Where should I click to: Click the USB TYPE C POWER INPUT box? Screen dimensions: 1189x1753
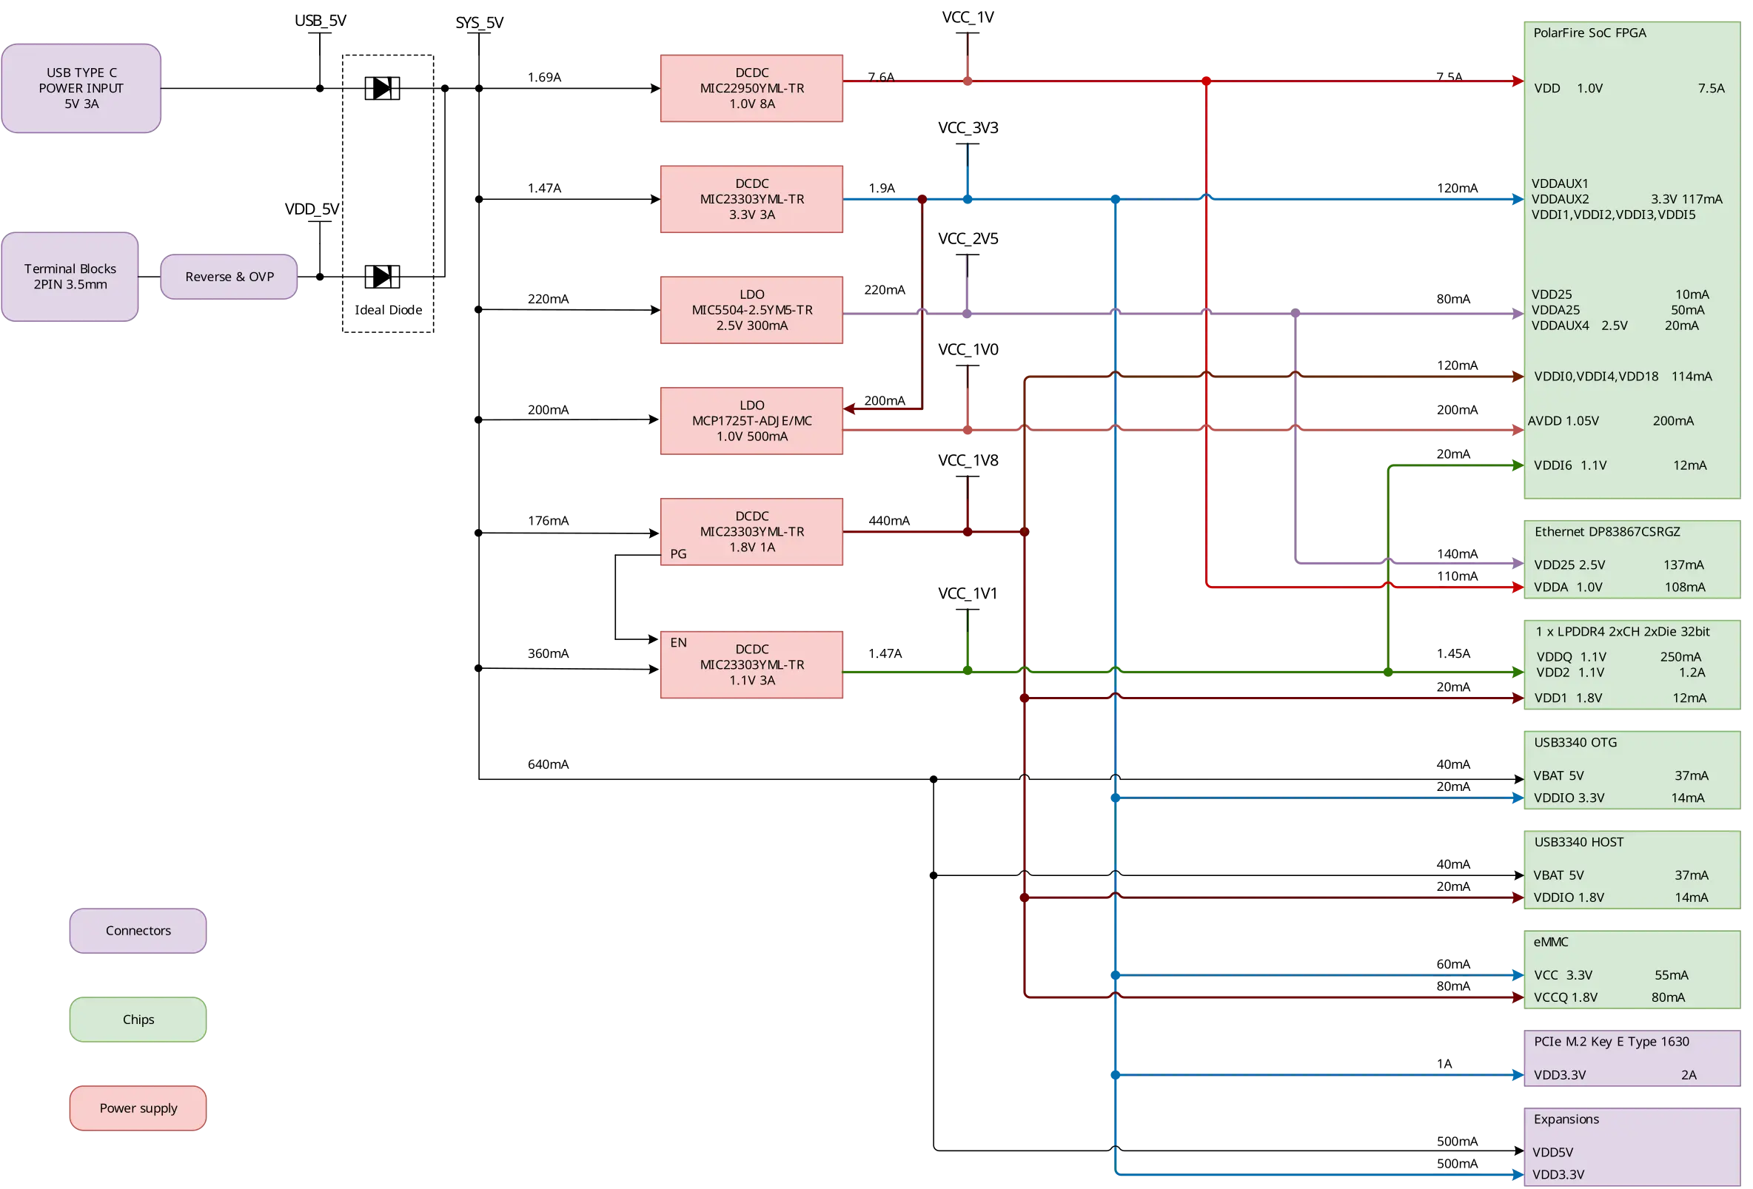(x=81, y=88)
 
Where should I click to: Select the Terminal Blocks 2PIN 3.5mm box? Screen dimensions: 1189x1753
(x=70, y=277)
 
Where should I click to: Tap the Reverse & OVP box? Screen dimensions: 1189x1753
(x=229, y=277)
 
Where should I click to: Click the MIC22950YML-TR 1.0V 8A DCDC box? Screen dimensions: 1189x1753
(x=751, y=88)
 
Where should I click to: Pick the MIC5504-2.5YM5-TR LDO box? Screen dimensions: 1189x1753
(x=751, y=310)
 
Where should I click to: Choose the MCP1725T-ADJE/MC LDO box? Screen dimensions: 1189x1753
(x=751, y=421)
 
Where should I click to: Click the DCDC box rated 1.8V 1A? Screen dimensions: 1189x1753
(x=751, y=531)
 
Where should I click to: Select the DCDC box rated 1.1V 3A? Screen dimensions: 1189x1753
(x=751, y=664)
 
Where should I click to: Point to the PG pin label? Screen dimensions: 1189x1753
(x=678, y=554)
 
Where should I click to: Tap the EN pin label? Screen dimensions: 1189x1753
(x=678, y=642)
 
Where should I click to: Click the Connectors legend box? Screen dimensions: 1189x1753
(x=138, y=930)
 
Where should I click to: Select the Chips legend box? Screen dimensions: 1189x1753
(x=138, y=1020)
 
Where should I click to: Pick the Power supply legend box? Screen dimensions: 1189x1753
(x=138, y=1108)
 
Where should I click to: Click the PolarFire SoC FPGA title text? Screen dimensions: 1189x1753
(x=1589, y=33)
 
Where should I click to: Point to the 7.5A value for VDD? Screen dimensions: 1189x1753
(x=1711, y=88)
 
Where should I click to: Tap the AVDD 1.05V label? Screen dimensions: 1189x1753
(x=1563, y=421)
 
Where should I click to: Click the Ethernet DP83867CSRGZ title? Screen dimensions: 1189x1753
(x=1606, y=531)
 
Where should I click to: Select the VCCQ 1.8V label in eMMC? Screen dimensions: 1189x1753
(x=1565, y=997)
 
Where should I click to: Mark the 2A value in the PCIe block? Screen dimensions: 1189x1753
(x=1688, y=1074)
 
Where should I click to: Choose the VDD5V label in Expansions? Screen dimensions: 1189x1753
(x=1552, y=1152)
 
